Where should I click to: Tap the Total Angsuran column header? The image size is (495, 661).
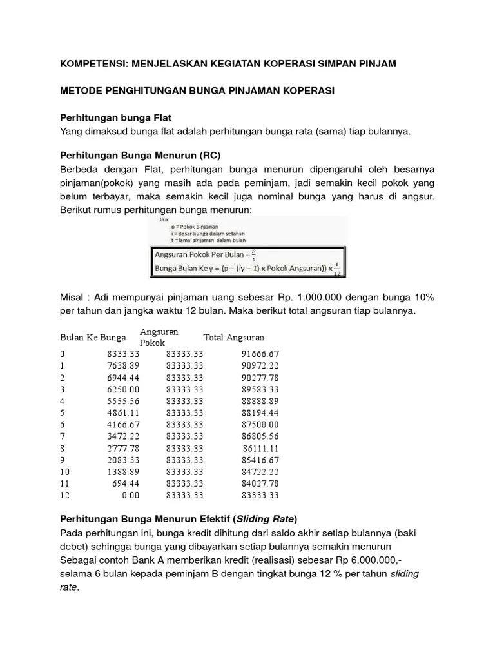233,338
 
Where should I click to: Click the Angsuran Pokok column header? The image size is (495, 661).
159,338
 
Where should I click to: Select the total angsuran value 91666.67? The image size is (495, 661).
260,354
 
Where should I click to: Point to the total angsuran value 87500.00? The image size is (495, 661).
260,425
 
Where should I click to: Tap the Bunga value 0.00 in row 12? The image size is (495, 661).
131,496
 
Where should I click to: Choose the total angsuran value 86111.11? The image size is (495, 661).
262,448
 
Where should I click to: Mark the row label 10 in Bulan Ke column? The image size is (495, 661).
64,472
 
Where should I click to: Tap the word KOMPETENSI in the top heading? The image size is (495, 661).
90,64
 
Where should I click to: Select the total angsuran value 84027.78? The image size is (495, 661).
260,483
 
